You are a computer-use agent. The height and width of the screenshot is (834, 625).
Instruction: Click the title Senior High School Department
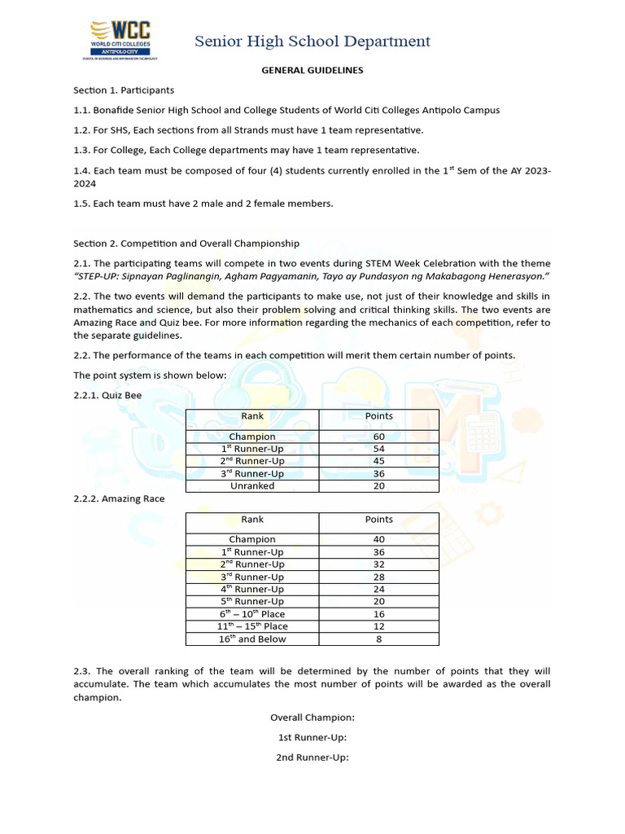312,41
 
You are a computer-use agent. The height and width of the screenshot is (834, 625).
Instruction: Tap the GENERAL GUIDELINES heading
312,70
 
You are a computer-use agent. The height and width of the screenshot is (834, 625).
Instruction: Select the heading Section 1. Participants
124,90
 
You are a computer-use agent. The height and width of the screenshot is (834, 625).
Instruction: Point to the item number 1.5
82,204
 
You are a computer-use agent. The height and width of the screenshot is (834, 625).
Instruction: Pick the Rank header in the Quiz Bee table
252,416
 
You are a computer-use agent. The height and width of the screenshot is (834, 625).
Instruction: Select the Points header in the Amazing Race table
378,520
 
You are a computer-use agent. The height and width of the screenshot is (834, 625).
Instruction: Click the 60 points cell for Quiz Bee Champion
378,437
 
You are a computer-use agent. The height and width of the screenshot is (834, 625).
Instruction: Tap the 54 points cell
378,449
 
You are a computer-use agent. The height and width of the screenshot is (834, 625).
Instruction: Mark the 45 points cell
378,461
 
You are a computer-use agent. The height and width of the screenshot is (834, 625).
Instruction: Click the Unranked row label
252,486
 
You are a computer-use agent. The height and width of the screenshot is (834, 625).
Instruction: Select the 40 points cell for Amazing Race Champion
378,539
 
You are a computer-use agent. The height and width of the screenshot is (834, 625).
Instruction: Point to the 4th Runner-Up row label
252,589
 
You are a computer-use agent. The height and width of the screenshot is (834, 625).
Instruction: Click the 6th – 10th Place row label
252,614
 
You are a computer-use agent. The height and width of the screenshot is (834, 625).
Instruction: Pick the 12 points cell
378,626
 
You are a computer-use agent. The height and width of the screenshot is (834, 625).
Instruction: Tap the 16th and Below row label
252,639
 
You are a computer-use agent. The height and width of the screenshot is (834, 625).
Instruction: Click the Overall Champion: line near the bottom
312,718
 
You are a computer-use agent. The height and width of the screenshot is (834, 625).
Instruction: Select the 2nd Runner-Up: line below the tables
312,757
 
